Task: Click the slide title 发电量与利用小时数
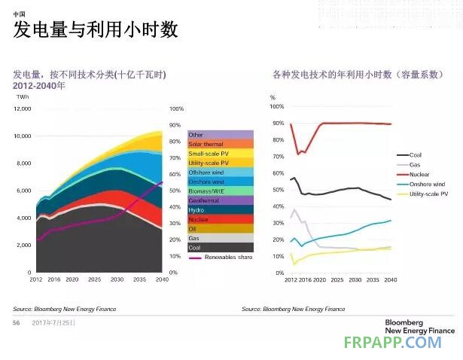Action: (96, 30)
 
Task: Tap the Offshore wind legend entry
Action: (206, 172)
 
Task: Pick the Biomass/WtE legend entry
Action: (206, 191)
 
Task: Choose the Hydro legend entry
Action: (196, 209)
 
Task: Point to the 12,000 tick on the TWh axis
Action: (22, 108)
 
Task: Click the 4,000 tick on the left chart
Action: (23, 218)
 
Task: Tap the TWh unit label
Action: (22, 97)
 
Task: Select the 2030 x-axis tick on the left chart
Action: (117, 279)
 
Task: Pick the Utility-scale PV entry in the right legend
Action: (428, 194)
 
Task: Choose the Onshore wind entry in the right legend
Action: (427, 184)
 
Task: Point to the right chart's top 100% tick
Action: (276, 108)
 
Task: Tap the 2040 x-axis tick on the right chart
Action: (390, 279)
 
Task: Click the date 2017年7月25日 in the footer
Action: (54, 322)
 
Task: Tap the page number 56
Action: (16, 322)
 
